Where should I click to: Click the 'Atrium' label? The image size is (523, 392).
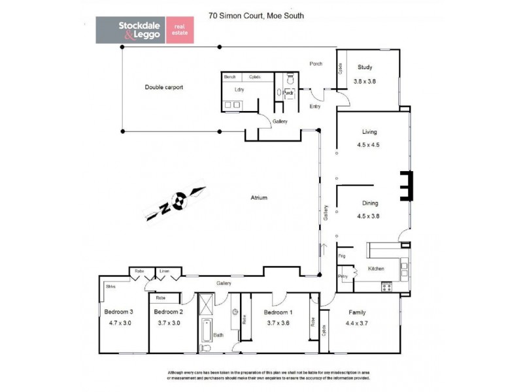[x=260, y=197]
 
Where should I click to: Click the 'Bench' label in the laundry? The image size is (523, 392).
[x=230, y=77]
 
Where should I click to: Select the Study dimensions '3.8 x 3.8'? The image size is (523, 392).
[x=366, y=82]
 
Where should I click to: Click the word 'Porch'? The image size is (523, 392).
[x=317, y=63]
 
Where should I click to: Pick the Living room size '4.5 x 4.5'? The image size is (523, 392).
[x=369, y=146]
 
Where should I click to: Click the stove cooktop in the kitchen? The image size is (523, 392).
[x=386, y=286]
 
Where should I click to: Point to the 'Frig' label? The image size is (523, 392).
[x=341, y=256]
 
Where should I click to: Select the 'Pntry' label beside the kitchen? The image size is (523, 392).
[x=343, y=277]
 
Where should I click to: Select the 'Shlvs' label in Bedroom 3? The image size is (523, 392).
[x=110, y=286]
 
